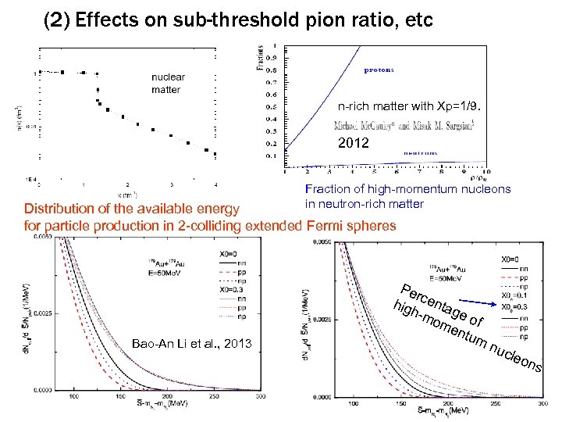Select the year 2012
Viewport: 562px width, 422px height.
click(352, 144)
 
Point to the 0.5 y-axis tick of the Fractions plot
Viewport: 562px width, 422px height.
click(271, 106)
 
